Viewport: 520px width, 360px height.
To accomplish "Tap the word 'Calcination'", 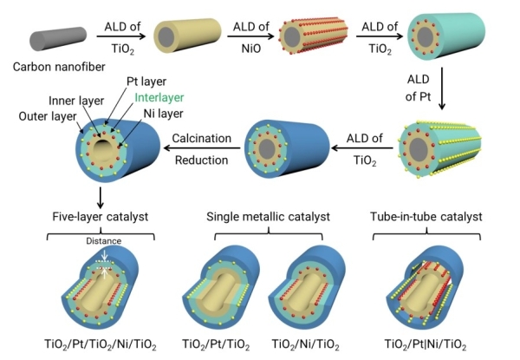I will pos(200,137).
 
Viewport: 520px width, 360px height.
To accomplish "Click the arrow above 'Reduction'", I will pos(201,149).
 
